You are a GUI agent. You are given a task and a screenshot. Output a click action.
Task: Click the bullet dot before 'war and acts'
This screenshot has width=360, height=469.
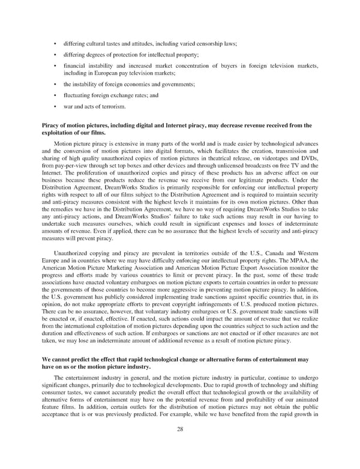55,106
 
